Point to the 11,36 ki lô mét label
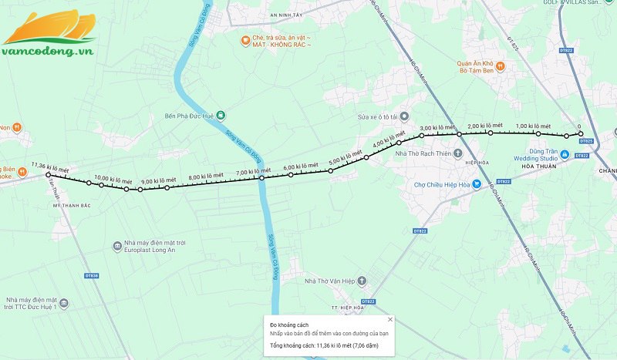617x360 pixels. pos(50,165)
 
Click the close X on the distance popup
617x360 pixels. pos(390,319)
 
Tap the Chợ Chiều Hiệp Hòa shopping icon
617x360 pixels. pos(477,184)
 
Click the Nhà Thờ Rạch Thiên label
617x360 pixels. pos(422,154)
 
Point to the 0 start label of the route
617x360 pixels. pos(579,126)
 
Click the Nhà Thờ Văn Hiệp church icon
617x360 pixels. pos(362,281)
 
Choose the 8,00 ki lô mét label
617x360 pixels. pos(204,176)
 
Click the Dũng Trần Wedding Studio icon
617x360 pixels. pos(565,154)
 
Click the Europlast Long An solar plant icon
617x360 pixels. pos(116,247)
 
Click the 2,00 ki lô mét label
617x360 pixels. pos(484,126)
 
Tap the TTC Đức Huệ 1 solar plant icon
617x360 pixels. pos(64,303)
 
